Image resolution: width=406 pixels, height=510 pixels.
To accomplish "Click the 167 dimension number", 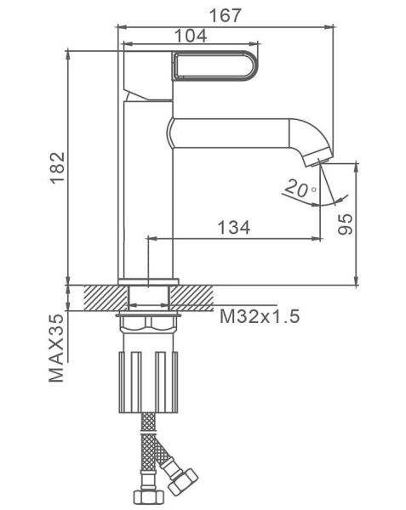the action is click(x=226, y=15).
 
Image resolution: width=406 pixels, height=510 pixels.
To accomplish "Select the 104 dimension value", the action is click(x=191, y=36).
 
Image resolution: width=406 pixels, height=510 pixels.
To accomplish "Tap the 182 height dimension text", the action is click(x=58, y=167).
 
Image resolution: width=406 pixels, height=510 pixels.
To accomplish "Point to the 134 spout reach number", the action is click(x=234, y=227).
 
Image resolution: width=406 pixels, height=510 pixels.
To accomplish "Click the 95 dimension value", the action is click(x=345, y=224).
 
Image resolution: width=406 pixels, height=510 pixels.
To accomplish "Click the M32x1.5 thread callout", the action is click(x=260, y=316).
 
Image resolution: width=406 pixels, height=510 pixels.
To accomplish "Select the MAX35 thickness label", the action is click(x=57, y=348).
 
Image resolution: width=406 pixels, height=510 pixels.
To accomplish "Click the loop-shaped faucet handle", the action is click(x=215, y=65).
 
